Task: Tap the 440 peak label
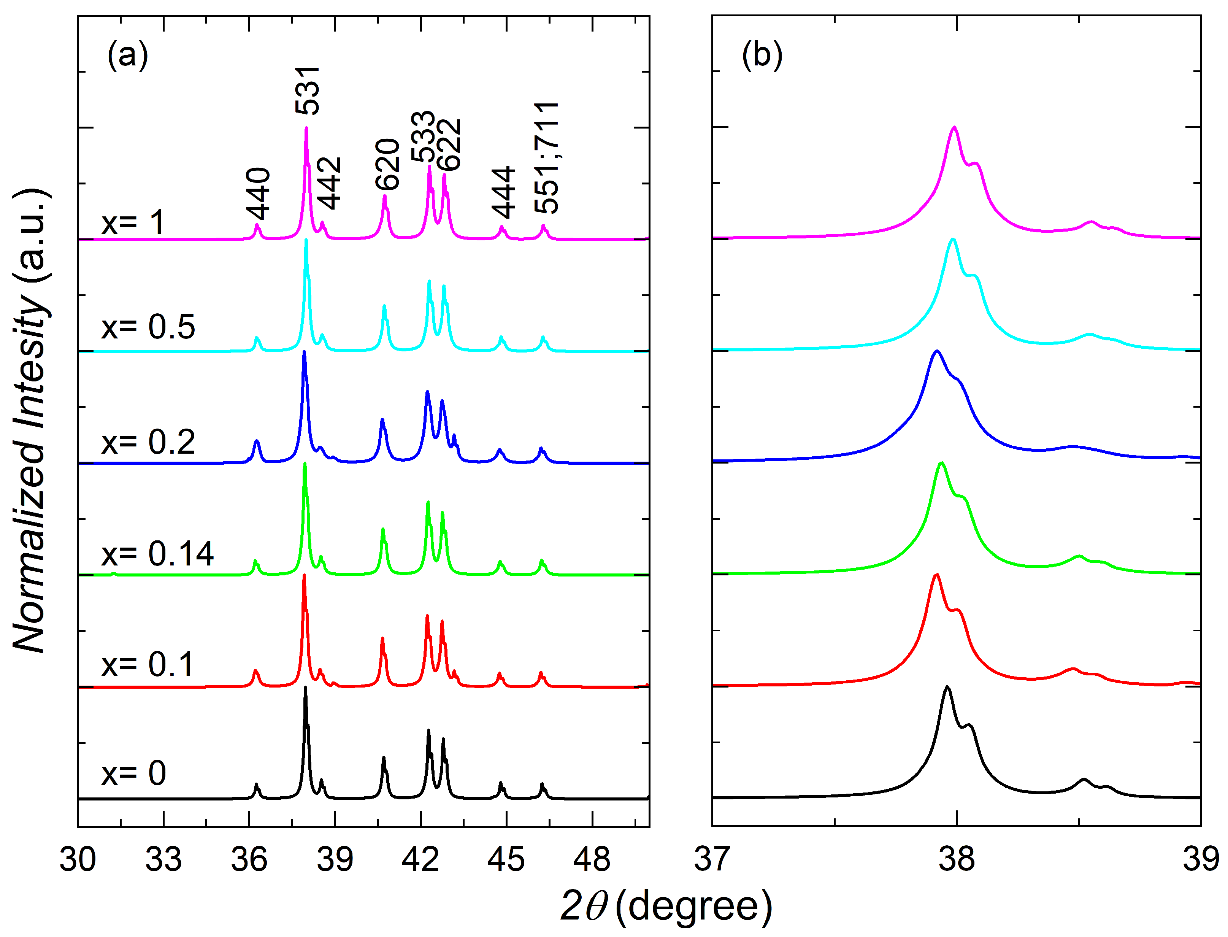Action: click(x=258, y=194)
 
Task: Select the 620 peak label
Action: click(x=387, y=165)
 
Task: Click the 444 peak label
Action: click(x=504, y=192)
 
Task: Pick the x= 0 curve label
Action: click(x=134, y=773)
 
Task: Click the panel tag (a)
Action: click(x=128, y=56)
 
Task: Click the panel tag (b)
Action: click(x=762, y=56)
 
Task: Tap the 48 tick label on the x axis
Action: click(x=592, y=859)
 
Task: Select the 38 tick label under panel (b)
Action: click(x=957, y=859)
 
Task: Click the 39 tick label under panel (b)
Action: click(x=1200, y=859)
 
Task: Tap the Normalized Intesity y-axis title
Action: click(x=31, y=421)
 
